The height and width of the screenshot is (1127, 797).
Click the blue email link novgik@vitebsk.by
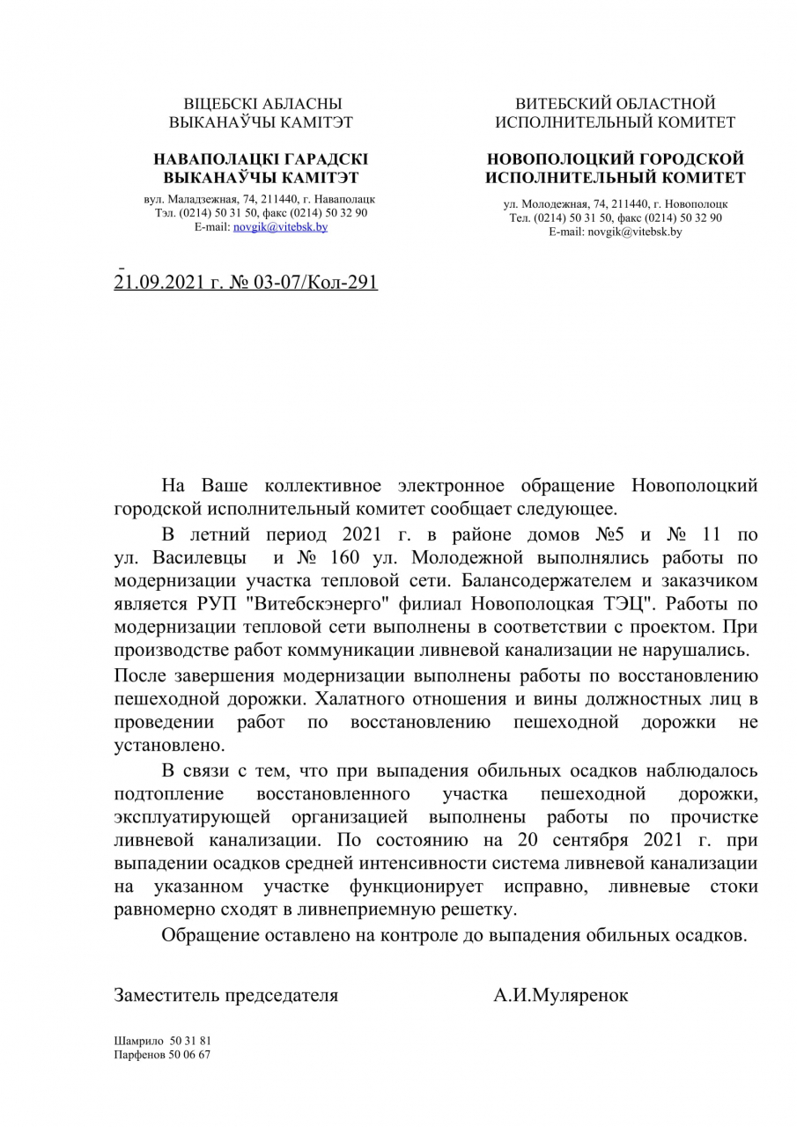280,226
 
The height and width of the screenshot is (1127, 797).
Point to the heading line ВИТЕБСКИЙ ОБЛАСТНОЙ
615,104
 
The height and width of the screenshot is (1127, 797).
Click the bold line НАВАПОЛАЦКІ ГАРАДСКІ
261,159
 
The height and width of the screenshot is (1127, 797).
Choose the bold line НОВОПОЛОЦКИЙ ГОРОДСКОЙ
615,159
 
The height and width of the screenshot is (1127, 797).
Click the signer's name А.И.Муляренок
561,996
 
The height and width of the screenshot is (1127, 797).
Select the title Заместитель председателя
226,996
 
